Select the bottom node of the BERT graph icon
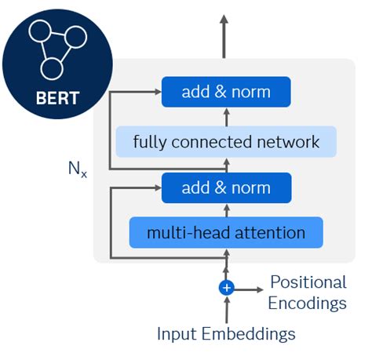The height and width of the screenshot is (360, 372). [51, 67]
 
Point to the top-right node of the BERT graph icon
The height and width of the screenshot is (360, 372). [75, 36]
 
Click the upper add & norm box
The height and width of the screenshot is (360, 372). [226, 92]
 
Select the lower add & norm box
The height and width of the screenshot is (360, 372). [226, 188]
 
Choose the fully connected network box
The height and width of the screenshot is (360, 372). [226, 142]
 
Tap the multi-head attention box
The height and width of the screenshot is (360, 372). [226, 232]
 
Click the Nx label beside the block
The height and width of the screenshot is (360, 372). [77, 168]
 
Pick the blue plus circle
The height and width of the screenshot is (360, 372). [226, 288]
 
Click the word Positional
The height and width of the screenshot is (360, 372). [308, 282]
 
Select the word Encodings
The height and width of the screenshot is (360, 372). [308, 302]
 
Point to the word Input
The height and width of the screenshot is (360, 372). [177, 333]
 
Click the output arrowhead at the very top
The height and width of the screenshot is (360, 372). [226, 21]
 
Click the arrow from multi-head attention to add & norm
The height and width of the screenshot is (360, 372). [226, 209]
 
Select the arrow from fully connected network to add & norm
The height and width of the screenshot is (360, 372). [226, 116]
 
